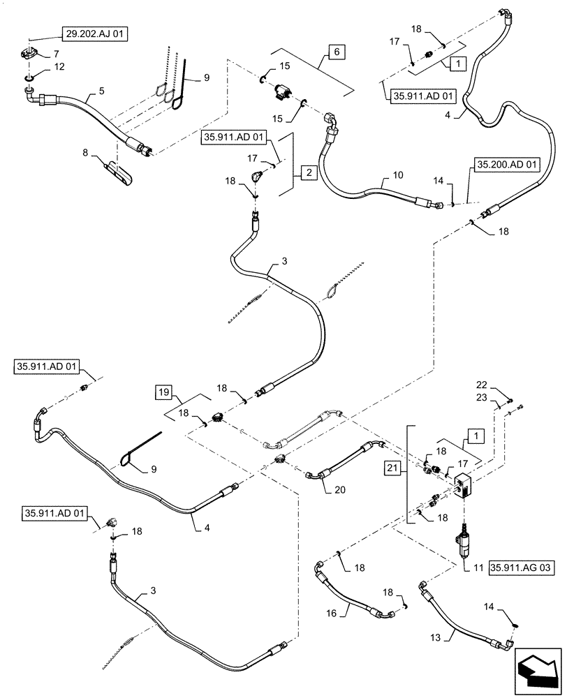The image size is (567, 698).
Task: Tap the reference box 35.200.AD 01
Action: [x=508, y=165]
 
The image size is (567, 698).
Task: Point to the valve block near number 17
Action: [x=462, y=483]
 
